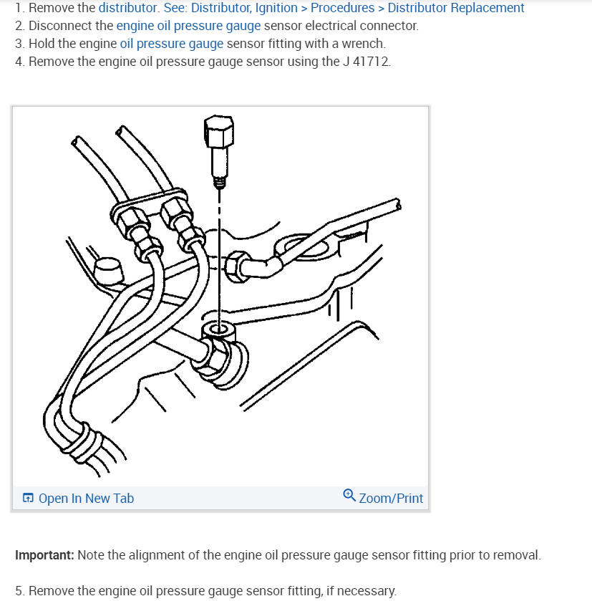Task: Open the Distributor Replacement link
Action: [x=456, y=8]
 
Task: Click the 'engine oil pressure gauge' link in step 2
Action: [x=188, y=26]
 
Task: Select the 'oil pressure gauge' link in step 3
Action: [x=172, y=44]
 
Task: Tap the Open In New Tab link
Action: [x=86, y=499]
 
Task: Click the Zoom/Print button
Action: [x=391, y=498]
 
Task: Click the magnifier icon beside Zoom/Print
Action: [x=349, y=495]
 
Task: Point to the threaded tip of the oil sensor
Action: [x=220, y=183]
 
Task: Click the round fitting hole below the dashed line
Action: [x=218, y=330]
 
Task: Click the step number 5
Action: [x=19, y=591]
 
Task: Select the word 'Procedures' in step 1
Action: [x=342, y=8]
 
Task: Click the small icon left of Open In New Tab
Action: [x=27, y=499]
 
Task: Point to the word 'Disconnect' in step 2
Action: [x=60, y=26]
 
